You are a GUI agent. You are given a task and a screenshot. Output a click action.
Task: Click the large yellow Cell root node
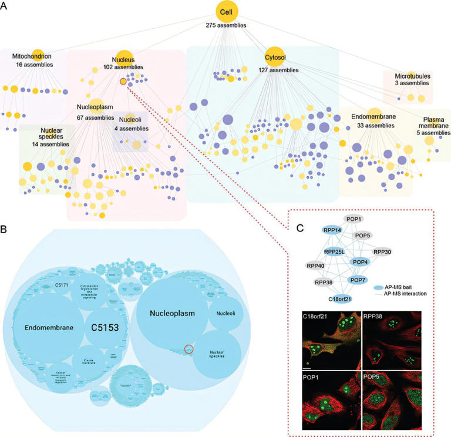pos(225,12)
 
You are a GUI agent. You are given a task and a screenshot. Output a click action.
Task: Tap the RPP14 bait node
pos(332,230)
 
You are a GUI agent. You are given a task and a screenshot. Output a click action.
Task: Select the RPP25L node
pos(334,252)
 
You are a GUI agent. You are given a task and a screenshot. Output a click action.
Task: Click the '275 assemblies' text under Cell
pos(225,25)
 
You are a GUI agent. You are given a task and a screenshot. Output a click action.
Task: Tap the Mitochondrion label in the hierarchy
pos(32,56)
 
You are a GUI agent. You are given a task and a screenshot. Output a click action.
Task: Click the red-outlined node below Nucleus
pos(123,82)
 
